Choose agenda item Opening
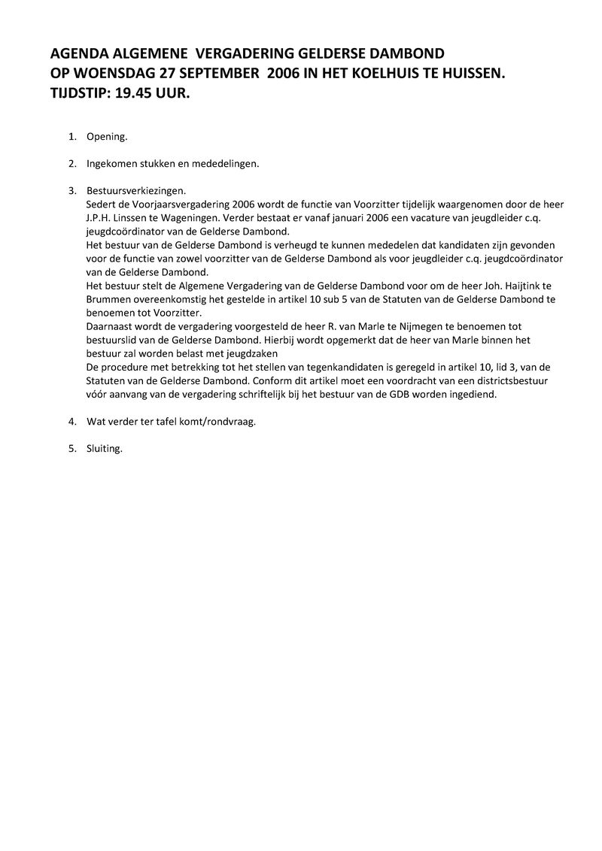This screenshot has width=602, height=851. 107,137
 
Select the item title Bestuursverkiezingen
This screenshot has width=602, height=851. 136,191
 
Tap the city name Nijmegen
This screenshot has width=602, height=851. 410,326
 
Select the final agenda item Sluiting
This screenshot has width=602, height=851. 105,449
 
